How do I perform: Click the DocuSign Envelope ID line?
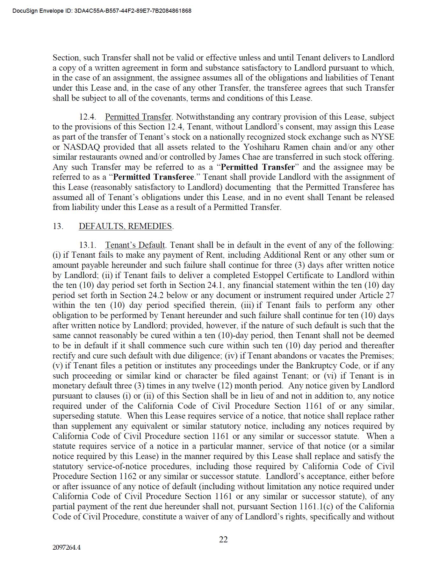[102, 11]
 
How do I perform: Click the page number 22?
[223, 539]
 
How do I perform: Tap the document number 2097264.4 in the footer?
[67, 547]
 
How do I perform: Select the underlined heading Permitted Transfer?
[138, 117]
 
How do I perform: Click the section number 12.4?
[88, 117]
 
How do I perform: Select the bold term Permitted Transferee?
[154, 177]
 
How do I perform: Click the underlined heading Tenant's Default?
[135, 245]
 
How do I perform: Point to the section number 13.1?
[88, 245]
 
